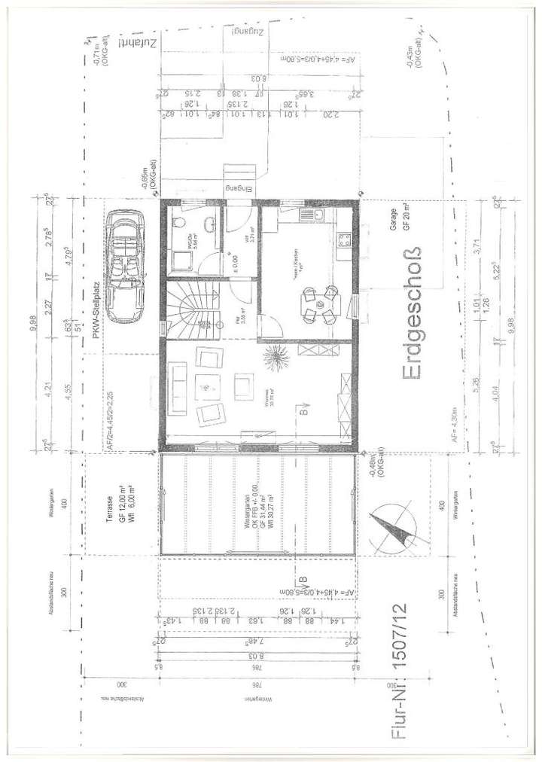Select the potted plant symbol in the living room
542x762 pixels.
click(x=273, y=355)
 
